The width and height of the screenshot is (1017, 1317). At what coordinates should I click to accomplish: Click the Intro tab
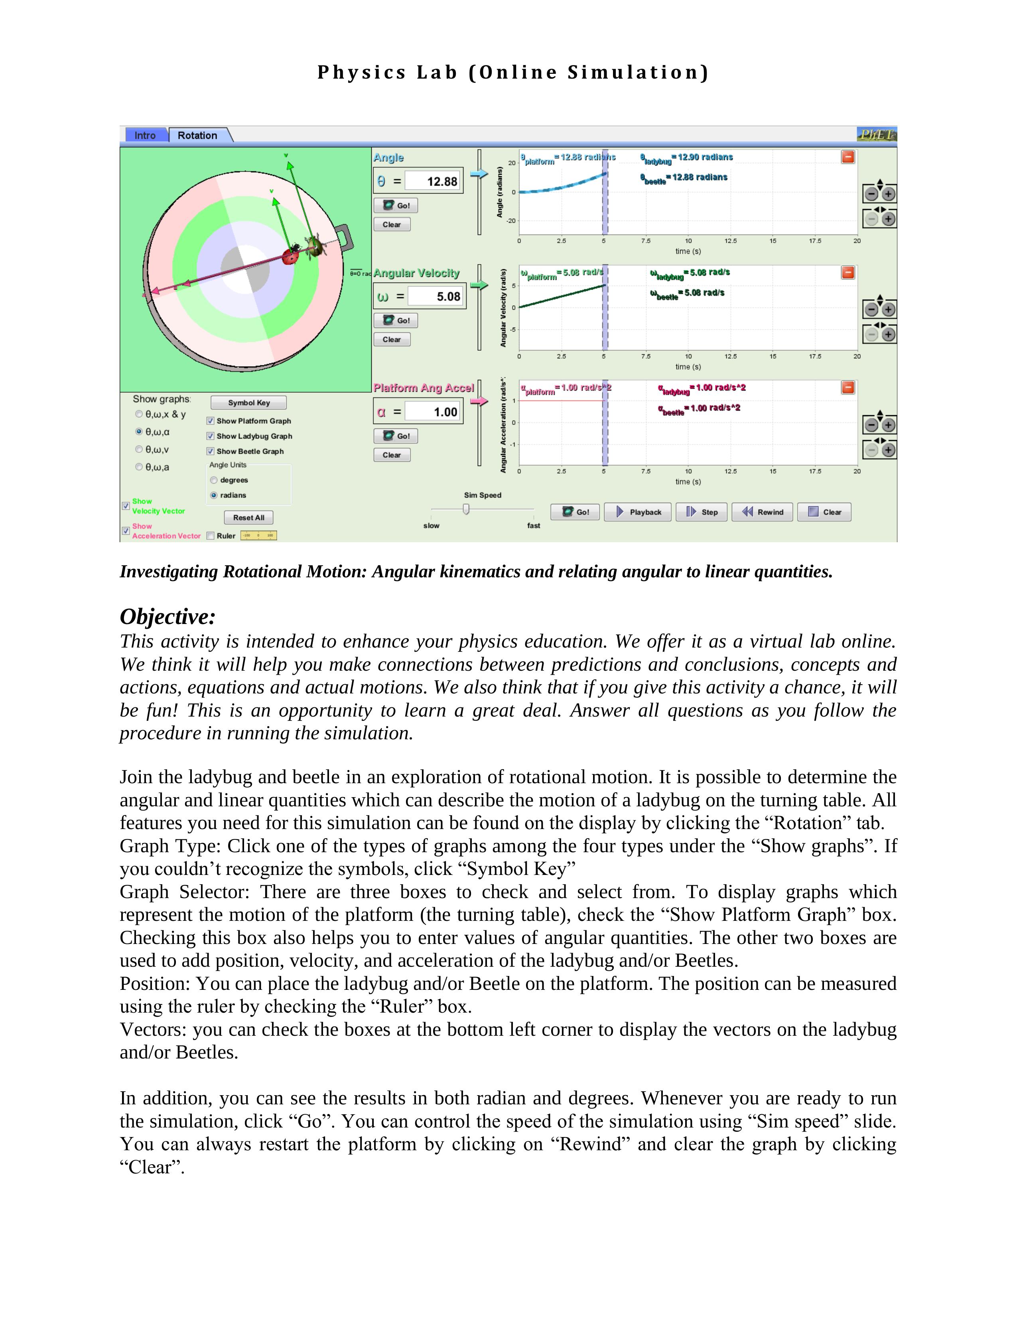[x=145, y=135]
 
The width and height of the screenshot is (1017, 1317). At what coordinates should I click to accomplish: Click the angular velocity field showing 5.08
[x=436, y=296]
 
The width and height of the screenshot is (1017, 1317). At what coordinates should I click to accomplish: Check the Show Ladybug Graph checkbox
[x=211, y=436]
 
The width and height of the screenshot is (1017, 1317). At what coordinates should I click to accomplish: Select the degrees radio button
[x=214, y=480]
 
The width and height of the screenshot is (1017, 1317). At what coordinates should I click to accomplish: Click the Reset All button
[x=248, y=517]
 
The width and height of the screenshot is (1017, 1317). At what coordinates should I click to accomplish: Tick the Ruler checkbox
[x=211, y=535]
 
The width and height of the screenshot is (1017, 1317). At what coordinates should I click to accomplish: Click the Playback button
[x=638, y=512]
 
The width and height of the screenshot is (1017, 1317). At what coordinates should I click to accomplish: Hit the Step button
[x=702, y=512]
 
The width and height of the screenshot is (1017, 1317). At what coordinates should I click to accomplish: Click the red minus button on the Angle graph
[x=847, y=157]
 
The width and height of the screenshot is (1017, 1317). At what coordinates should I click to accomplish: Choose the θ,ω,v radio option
[x=139, y=449]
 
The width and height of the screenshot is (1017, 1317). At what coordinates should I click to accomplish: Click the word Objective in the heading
[x=167, y=617]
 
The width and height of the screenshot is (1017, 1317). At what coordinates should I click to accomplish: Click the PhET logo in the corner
[x=877, y=134]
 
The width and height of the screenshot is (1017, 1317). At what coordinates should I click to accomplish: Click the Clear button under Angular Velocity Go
[x=392, y=340]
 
